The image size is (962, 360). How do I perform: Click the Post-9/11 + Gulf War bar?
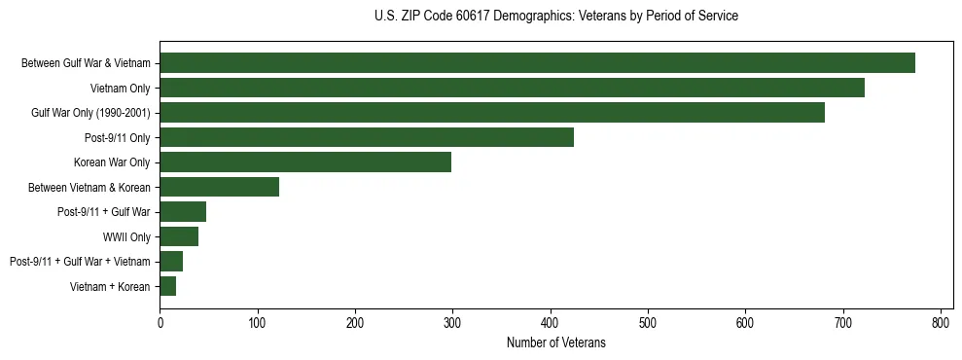pyautogui.click(x=183, y=212)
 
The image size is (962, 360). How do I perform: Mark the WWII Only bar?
pyautogui.click(x=179, y=236)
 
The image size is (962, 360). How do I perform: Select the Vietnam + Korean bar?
pyautogui.click(x=167, y=286)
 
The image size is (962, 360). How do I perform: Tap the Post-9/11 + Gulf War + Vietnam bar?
pyautogui.click(x=171, y=261)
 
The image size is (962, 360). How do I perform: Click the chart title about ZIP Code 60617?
pyautogui.click(x=555, y=17)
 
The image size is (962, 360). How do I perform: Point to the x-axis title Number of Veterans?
pyautogui.click(x=555, y=342)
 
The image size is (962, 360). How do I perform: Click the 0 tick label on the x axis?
pyautogui.click(x=160, y=323)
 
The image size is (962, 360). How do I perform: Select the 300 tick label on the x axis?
pyautogui.click(x=452, y=323)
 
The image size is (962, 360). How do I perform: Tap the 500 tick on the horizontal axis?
pyautogui.click(x=648, y=323)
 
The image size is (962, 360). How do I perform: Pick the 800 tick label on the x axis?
pyautogui.click(x=941, y=323)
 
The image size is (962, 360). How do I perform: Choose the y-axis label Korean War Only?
pyautogui.click(x=112, y=162)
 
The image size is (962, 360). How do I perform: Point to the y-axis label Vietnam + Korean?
pyautogui.click(x=110, y=286)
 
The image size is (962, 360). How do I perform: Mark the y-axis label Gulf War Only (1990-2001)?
pyautogui.click(x=90, y=113)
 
